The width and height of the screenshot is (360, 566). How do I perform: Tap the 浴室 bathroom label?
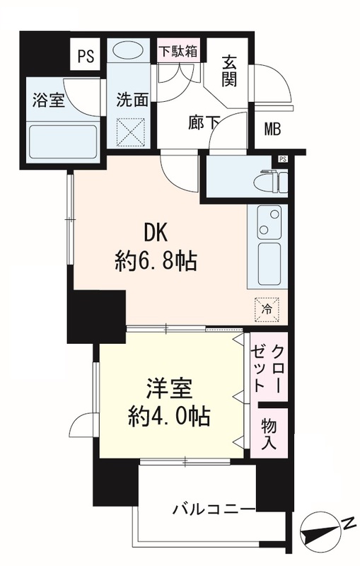point(48,100)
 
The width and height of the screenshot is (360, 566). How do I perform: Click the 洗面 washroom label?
point(132,100)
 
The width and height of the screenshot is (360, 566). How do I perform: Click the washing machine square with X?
point(132,131)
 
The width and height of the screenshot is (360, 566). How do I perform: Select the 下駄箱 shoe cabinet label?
point(178,52)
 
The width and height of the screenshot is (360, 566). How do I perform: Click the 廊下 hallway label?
point(203,122)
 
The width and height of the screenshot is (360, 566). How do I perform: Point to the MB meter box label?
point(272,129)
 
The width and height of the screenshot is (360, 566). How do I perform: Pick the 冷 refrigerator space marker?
point(267,308)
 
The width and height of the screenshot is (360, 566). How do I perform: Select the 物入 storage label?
point(269,432)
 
